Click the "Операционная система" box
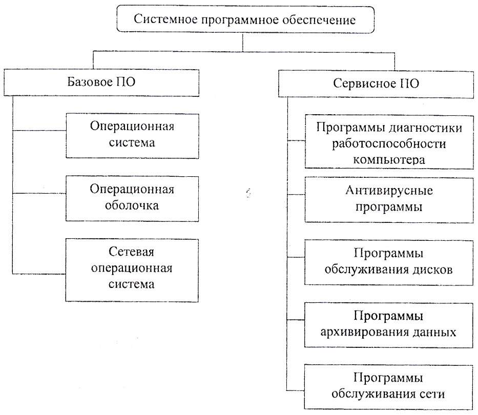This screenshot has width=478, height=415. [x=132, y=134]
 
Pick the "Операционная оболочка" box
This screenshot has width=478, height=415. [x=132, y=198]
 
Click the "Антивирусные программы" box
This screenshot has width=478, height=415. [x=390, y=199]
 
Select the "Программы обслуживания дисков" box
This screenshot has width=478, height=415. [x=390, y=262]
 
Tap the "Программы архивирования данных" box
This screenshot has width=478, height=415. [x=390, y=324]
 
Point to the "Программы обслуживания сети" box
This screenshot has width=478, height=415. [x=390, y=386]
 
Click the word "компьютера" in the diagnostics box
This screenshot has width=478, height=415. [x=389, y=159]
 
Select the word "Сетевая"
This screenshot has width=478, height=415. [x=132, y=253]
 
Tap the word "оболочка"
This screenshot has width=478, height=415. [x=132, y=206]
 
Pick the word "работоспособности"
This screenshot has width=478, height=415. [x=389, y=143]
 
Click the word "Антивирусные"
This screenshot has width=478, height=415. [x=390, y=191]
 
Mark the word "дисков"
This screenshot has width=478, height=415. [x=435, y=270]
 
